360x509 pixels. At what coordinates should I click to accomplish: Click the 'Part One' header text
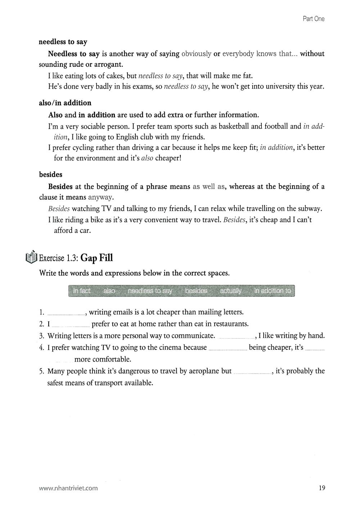(x=313, y=19)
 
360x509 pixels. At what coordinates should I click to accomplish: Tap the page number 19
(x=321, y=488)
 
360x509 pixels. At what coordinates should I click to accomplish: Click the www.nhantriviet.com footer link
(x=68, y=488)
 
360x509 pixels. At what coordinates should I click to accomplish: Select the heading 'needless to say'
(x=63, y=42)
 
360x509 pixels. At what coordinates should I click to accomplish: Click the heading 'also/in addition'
(x=65, y=103)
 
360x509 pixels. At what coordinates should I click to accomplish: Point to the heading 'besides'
(x=51, y=175)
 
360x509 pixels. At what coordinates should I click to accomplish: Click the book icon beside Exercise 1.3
(x=32, y=257)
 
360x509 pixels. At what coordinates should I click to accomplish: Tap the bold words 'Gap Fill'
(x=97, y=258)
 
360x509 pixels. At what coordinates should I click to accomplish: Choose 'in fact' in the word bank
(x=82, y=291)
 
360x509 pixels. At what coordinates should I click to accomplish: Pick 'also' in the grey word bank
(x=109, y=291)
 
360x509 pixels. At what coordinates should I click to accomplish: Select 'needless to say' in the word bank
(x=150, y=291)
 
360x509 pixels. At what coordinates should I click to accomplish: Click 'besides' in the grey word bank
(x=196, y=291)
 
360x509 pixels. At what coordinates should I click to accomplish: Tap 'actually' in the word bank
(x=231, y=291)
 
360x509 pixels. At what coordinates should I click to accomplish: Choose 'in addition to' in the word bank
(x=273, y=291)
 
